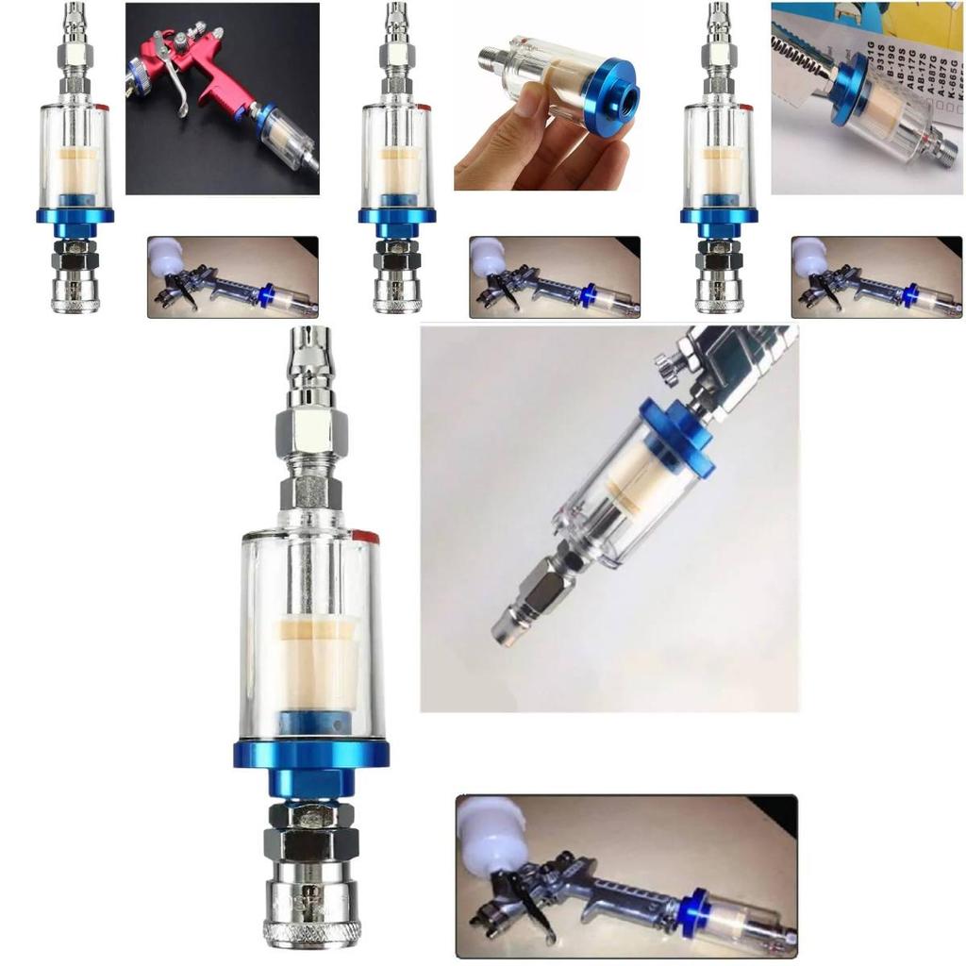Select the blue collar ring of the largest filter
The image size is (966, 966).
[311, 754]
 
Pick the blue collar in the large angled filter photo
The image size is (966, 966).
[675, 435]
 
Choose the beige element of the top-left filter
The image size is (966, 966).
[75, 170]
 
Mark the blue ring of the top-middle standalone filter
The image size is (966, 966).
[396, 215]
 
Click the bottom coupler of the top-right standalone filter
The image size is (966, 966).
[718, 292]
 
